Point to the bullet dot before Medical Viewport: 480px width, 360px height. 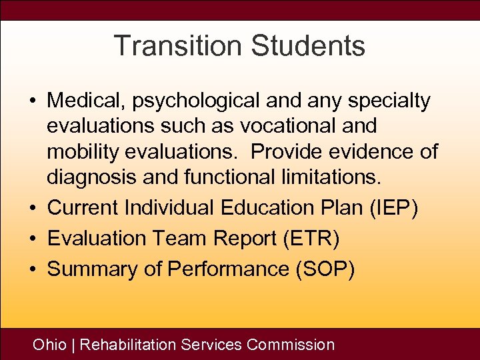tap(32, 102)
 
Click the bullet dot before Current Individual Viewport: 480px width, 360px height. tap(32, 209)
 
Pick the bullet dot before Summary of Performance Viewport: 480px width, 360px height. tap(32, 270)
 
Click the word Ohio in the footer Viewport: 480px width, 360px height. tap(50, 345)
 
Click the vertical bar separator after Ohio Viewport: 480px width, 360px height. tap(73, 345)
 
